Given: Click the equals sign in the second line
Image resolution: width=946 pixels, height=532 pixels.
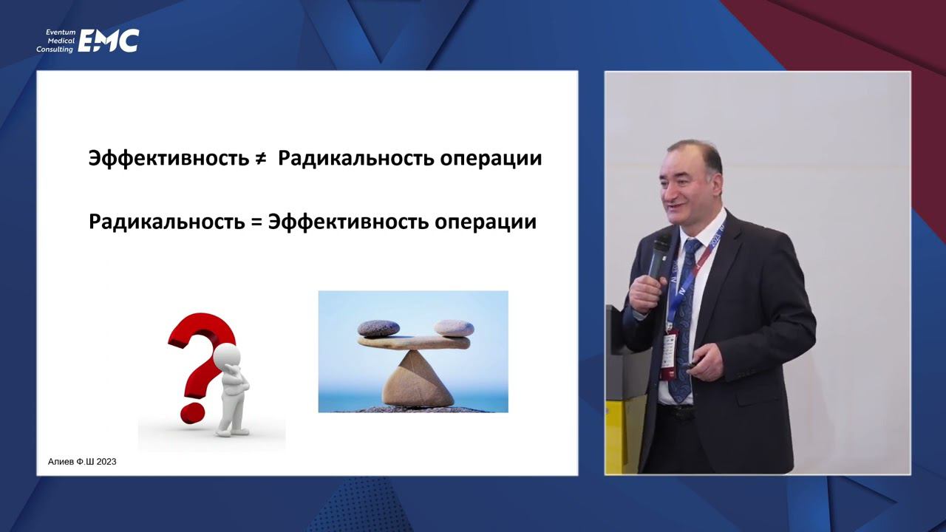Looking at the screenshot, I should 256,222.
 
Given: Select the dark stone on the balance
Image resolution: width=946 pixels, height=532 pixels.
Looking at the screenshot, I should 378,328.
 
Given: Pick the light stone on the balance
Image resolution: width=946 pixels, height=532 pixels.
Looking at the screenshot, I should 454,327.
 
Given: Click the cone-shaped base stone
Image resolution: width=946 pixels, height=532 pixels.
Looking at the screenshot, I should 418,381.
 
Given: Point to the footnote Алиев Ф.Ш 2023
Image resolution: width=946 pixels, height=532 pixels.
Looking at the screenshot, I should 77,462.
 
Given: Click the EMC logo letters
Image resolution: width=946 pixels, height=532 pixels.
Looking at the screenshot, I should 109,41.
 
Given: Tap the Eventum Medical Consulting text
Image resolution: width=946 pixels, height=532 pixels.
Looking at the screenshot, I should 56,41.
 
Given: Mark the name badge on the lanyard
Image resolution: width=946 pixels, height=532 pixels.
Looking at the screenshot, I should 668,355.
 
